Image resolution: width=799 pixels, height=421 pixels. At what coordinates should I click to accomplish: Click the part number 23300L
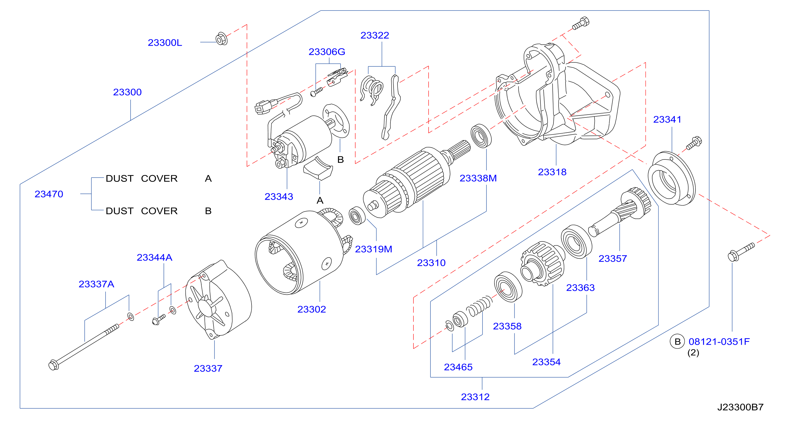(x=165, y=43)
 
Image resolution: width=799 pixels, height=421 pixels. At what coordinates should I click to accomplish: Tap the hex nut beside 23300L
(x=221, y=39)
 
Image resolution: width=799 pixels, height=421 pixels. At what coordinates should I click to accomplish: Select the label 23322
(x=374, y=35)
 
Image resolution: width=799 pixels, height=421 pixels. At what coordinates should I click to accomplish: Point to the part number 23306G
(x=327, y=52)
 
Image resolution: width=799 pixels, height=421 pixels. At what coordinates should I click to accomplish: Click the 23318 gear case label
(x=552, y=172)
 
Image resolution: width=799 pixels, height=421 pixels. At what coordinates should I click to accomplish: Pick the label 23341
(x=667, y=119)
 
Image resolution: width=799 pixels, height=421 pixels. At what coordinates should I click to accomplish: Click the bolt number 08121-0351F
(x=719, y=342)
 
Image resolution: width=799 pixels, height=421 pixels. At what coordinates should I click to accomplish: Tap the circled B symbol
(x=677, y=342)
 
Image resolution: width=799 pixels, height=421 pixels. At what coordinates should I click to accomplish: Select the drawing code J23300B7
(x=740, y=407)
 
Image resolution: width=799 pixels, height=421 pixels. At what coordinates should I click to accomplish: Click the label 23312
(x=475, y=397)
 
